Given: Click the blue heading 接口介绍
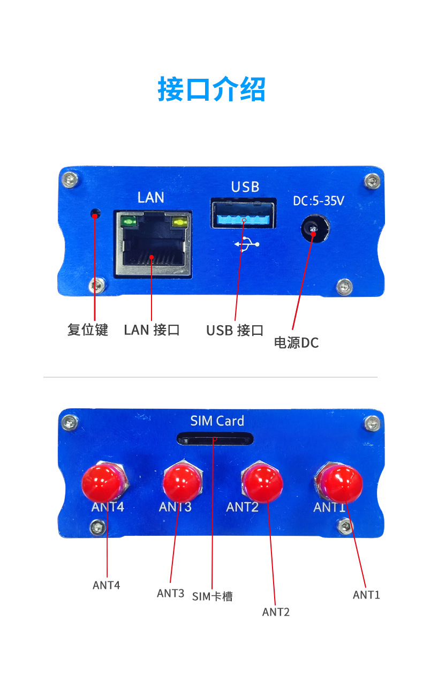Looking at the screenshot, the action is tap(211, 89).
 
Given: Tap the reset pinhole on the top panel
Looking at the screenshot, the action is tap(95, 214).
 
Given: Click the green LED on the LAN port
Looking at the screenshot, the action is tap(129, 222).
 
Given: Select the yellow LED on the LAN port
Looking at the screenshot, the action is tap(179, 222).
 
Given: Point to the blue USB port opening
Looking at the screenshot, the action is tap(243, 213).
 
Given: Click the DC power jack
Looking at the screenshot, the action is tap(315, 229).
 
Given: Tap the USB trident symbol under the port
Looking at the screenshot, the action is tap(247, 244).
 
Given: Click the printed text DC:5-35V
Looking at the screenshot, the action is tap(318, 201).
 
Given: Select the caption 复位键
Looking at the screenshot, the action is tap(88, 330).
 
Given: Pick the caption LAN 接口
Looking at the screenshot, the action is tap(152, 330).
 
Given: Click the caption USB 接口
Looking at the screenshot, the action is tap(235, 330).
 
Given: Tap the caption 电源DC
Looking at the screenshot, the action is tap(296, 342).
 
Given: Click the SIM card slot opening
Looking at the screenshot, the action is tap(215, 439).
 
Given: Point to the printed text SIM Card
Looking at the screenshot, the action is tap(217, 421).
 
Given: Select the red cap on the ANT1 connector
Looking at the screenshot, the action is tap(342, 484).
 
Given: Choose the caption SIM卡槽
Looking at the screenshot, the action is tap(212, 596).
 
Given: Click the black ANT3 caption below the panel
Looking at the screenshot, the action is tap(170, 593).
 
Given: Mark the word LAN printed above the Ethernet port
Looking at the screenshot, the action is tap(150, 197).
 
